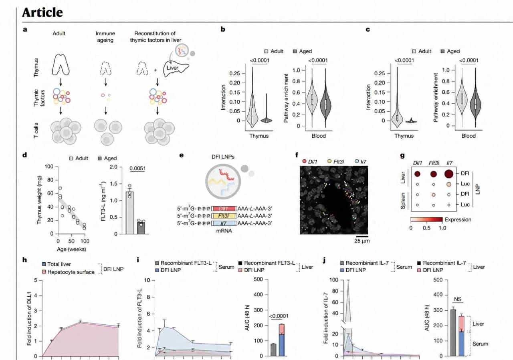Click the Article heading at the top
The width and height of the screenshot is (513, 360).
coord(42,12)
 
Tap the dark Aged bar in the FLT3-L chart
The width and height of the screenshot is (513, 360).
coord(141,227)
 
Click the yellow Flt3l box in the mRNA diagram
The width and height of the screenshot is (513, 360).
coord(225,217)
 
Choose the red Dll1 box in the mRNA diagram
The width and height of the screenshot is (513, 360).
coord(225,209)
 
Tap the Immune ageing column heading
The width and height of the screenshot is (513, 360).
coord(106,37)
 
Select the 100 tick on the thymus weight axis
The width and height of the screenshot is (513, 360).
coord(50,166)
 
